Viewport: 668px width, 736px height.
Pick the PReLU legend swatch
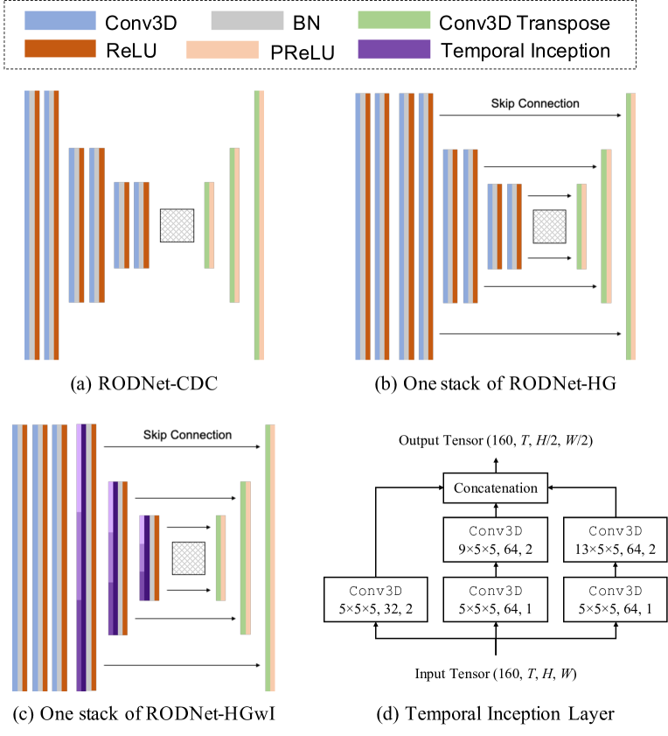[x=222, y=51]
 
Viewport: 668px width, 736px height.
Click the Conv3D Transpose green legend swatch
[x=393, y=19]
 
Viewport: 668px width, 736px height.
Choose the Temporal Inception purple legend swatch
[x=393, y=51]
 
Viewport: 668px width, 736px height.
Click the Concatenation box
[x=496, y=487]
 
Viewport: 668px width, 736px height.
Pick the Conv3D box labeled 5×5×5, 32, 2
[x=375, y=599]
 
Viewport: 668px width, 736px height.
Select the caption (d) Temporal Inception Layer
[x=496, y=714]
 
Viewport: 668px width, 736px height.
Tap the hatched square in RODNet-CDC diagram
[x=177, y=226]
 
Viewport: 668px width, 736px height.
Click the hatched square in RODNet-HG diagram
[x=549, y=226]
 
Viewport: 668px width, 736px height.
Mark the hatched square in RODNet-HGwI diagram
[x=188, y=557]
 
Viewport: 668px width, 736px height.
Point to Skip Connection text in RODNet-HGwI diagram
[x=186, y=435]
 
